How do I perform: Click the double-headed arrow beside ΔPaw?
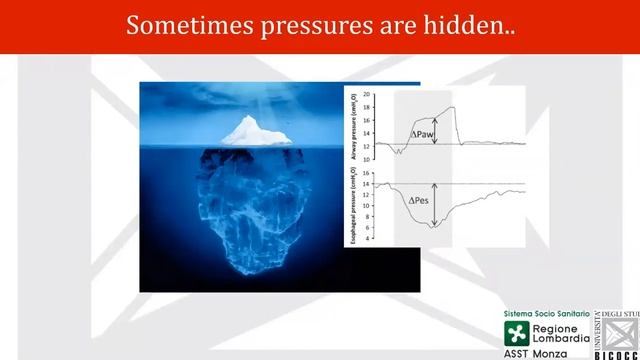[x=435, y=133]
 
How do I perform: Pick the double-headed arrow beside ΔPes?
[x=435, y=200]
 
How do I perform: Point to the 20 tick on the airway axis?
[x=367, y=94]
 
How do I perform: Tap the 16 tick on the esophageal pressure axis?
[x=367, y=172]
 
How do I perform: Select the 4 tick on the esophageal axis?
[x=368, y=239]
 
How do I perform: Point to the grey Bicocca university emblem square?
[x=620, y=330]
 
